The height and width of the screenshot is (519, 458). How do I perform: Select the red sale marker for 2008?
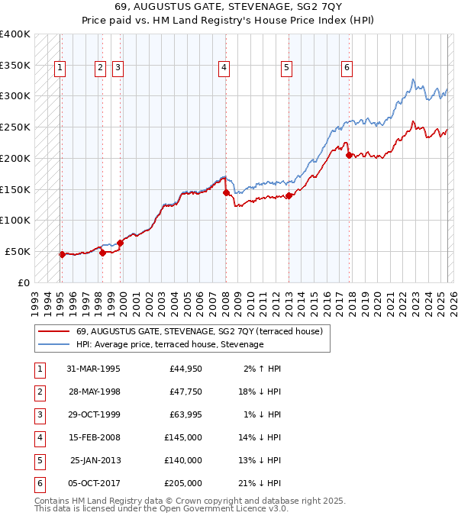click(x=226, y=193)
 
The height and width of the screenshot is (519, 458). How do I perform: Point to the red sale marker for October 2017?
click(x=349, y=156)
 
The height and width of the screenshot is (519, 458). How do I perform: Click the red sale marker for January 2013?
click(x=289, y=196)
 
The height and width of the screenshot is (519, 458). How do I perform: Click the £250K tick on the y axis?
click(x=15, y=127)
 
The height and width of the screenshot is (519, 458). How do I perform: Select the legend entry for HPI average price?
click(x=169, y=345)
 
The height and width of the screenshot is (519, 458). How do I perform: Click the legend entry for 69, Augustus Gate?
click(x=199, y=331)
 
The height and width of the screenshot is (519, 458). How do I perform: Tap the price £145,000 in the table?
click(x=183, y=437)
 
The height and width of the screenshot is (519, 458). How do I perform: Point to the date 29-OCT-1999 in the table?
click(x=93, y=414)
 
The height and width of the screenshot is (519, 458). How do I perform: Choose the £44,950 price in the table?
click(x=185, y=369)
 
